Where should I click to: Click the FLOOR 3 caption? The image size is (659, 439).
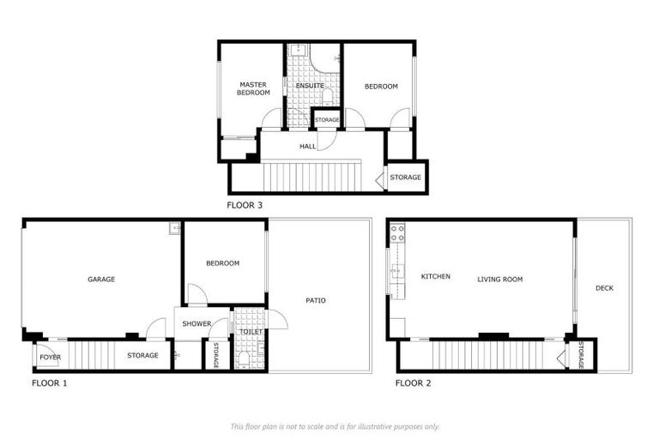point(245,206)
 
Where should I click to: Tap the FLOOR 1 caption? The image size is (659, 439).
point(49,382)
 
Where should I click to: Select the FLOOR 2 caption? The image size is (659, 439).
point(414,382)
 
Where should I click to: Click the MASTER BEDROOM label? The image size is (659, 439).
point(253,88)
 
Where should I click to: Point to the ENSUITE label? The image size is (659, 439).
point(310,86)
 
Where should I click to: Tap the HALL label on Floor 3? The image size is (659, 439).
point(307,147)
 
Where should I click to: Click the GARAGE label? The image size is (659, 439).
point(101,279)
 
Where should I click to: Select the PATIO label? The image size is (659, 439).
point(316,300)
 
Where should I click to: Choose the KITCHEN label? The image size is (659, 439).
point(436,277)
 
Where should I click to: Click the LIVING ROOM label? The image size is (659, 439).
point(500,279)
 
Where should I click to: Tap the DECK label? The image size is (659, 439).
point(605,288)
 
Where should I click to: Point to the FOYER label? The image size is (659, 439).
point(50,356)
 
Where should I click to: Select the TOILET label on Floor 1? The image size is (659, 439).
point(251,331)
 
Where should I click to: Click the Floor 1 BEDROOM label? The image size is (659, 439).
point(223,263)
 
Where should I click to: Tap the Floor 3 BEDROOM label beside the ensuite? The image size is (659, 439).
point(381,86)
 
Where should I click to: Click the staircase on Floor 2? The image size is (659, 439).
point(488,353)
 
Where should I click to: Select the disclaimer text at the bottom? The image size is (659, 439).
point(336,426)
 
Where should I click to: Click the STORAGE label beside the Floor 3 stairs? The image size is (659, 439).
point(406,177)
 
